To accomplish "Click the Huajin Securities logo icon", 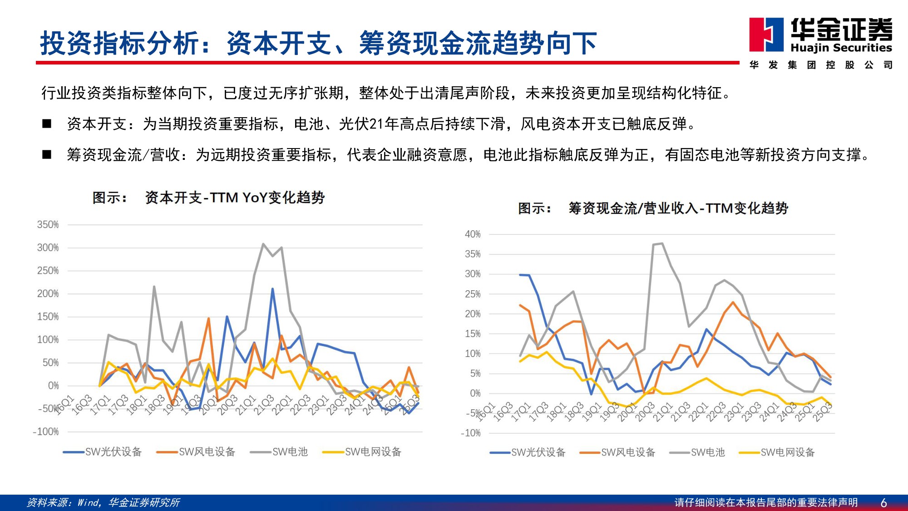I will coord(766,35).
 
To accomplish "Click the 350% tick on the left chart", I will coord(48,224).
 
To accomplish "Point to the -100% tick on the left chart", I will coord(46,432).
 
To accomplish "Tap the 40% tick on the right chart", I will coord(472,234).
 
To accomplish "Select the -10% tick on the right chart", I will coord(470,433).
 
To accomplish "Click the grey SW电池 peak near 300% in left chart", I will coord(263,244).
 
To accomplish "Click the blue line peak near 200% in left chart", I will coord(272,289).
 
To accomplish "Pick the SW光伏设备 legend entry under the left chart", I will coord(103,451).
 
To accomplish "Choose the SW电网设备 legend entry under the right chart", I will coord(777,452).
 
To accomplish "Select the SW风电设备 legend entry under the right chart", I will coord(618,452).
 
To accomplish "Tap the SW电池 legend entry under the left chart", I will coord(279,451).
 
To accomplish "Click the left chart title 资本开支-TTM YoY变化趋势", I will coord(235,198).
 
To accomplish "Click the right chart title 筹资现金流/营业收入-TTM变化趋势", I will coord(678,208).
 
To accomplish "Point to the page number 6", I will coord(883,502).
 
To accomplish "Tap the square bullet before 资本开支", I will coord(47,124).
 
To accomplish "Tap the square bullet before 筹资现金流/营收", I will coord(47,154).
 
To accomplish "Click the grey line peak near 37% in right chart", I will coord(662,243).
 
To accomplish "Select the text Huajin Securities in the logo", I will coord(841,48).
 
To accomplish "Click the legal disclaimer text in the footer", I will coord(766,502).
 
